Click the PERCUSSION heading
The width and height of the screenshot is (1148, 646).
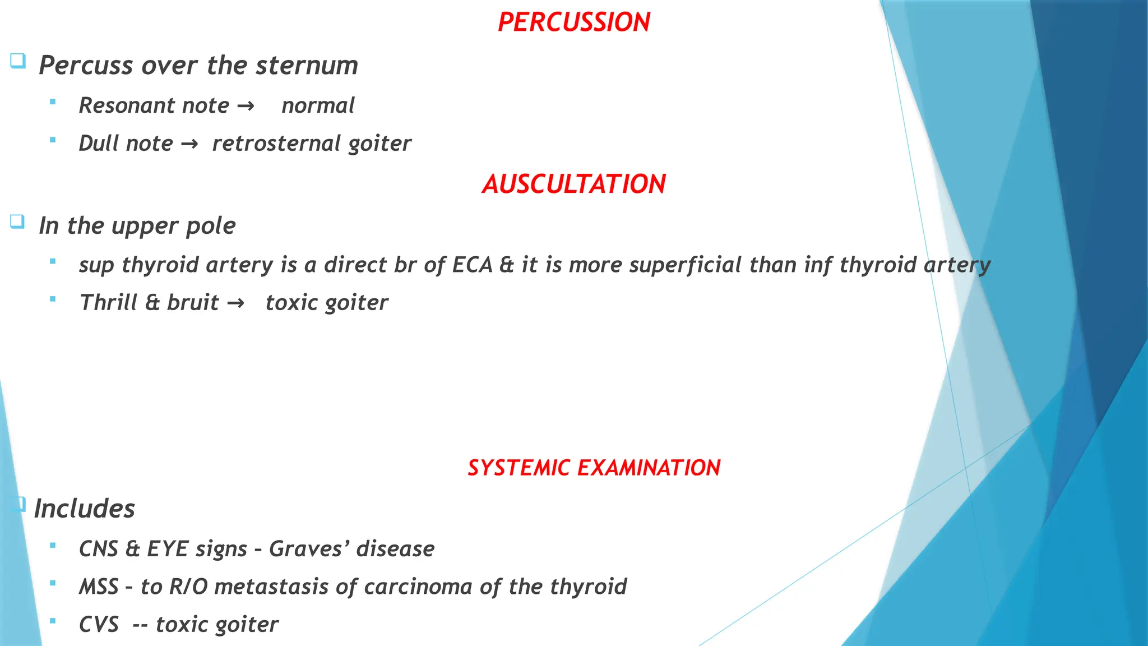click(573, 22)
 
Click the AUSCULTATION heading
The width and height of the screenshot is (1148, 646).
click(573, 184)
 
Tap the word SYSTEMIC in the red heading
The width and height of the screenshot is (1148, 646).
click(519, 468)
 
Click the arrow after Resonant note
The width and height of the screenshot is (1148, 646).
click(246, 106)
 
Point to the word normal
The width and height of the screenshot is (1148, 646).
click(318, 105)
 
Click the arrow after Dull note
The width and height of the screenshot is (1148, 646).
click(189, 144)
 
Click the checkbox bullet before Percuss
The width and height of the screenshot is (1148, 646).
click(18, 60)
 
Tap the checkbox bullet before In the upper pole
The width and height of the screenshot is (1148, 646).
click(17, 222)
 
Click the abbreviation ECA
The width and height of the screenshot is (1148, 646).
click(472, 265)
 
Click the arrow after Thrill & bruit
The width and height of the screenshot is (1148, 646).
click(235, 303)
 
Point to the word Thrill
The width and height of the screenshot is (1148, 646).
click(109, 303)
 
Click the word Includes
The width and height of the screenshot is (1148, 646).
click(85, 509)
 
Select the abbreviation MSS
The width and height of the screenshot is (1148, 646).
click(99, 587)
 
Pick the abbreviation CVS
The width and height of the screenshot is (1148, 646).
click(99, 624)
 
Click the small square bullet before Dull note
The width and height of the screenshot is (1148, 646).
click(53, 140)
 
